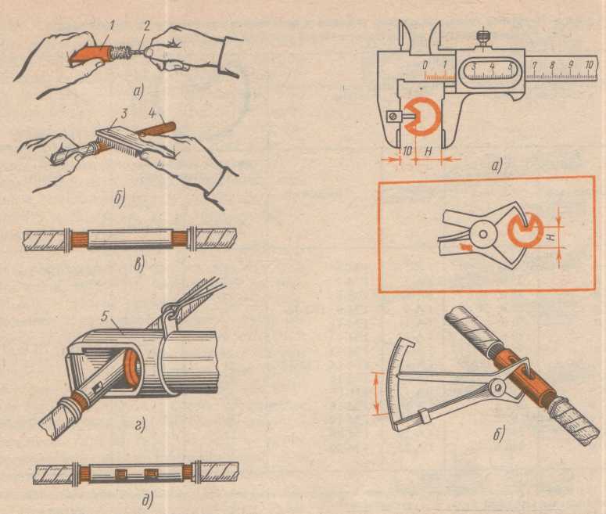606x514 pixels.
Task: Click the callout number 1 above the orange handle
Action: tap(112, 27)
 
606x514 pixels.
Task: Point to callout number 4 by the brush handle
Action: tap(152, 114)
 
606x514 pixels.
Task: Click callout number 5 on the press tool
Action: tap(103, 317)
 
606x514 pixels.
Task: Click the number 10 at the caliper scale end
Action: tap(589, 66)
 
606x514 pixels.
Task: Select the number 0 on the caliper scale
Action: tap(425, 66)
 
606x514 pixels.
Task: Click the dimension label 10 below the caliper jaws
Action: tap(407, 151)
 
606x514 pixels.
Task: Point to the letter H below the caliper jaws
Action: tap(429, 152)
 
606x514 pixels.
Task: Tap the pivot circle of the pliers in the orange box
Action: tap(482, 234)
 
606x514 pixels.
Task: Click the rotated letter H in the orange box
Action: tap(553, 235)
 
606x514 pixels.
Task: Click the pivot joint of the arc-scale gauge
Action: tap(498, 386)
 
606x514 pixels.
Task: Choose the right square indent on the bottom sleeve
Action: tap(149, 473)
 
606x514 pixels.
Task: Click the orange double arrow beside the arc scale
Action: tap(375, 394)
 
